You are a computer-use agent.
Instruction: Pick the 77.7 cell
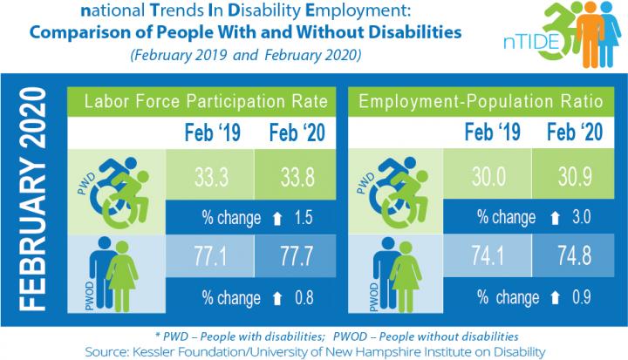coord(292,257)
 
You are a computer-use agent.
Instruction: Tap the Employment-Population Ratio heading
coord(479,101)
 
